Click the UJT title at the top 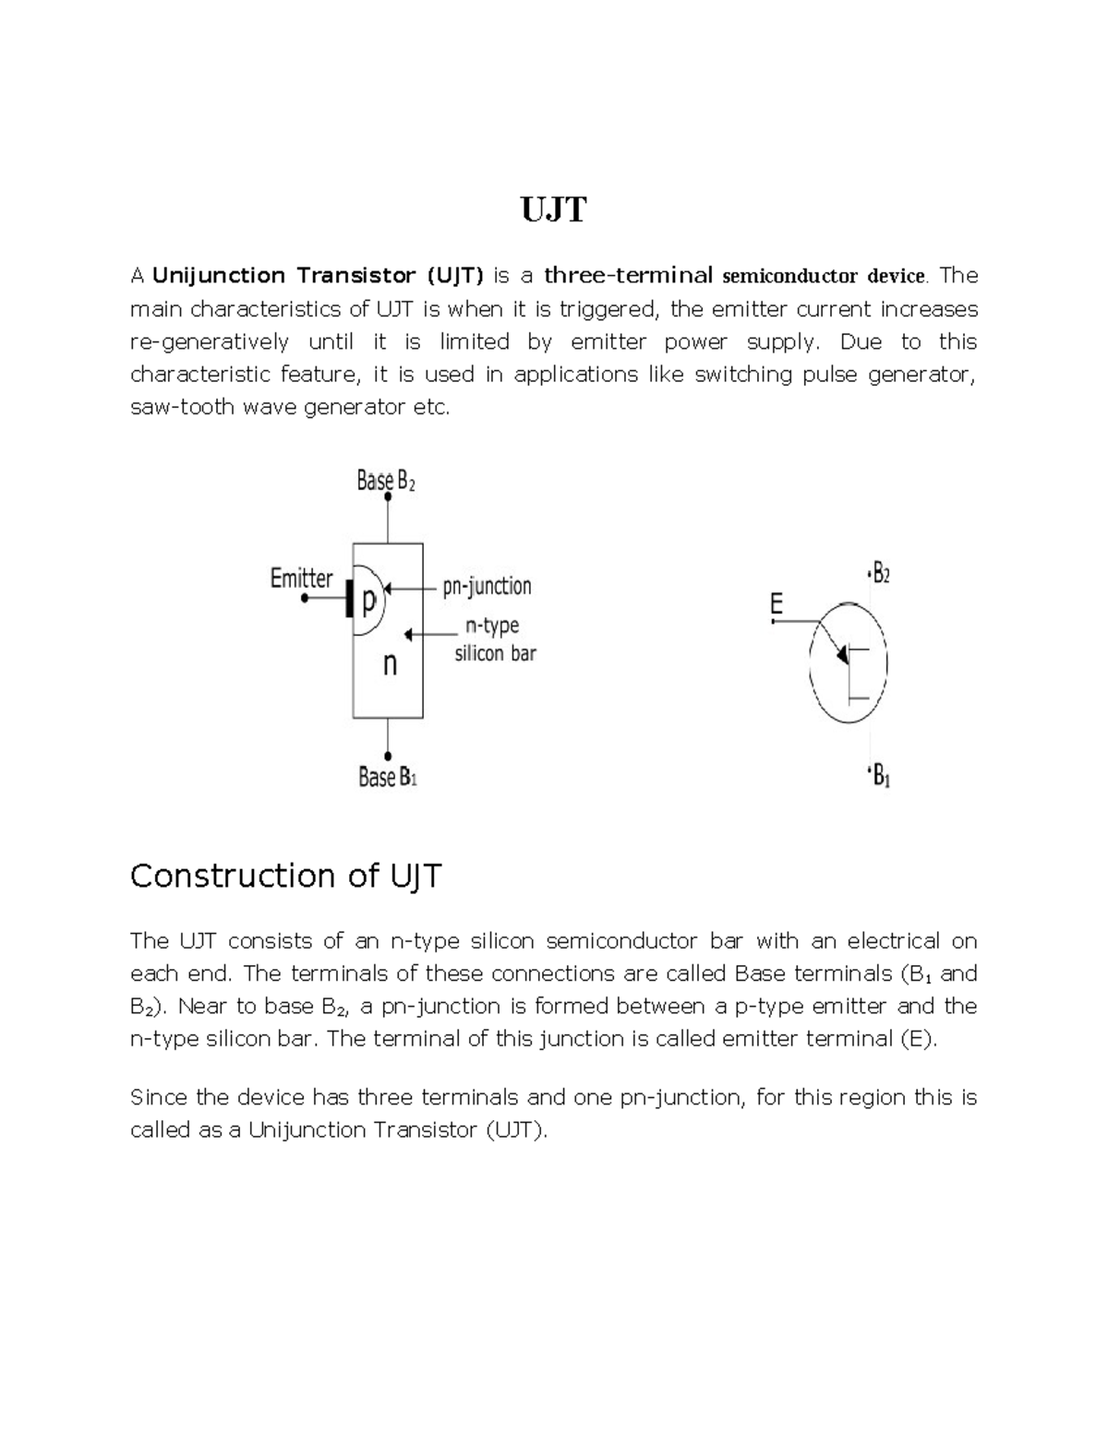(x=553, y=210)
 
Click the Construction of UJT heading (x=286, y=876)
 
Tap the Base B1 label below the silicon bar (x=388, y=778)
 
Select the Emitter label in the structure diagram (x=301, y=579)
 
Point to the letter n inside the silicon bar (x=390, y=663)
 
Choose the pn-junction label (x=487, y=586)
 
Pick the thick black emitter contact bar (x=349, y=599)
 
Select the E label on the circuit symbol (x=776, y=605)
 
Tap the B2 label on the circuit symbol (x=881, y=574)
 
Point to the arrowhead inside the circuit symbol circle (x=841, y=654)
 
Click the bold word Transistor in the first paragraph (x=355, y=276)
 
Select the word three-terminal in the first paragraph (x=628, y=276)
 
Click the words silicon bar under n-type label (x=495, y=654)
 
